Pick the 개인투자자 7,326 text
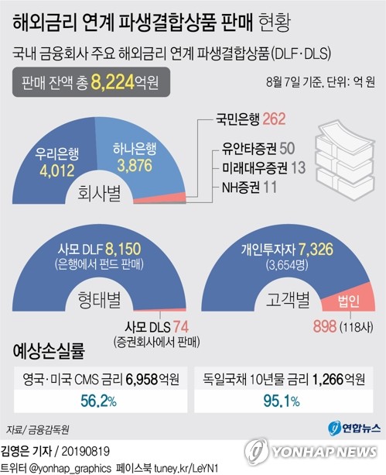tap(278, 250)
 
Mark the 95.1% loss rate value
tap(288, 400)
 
